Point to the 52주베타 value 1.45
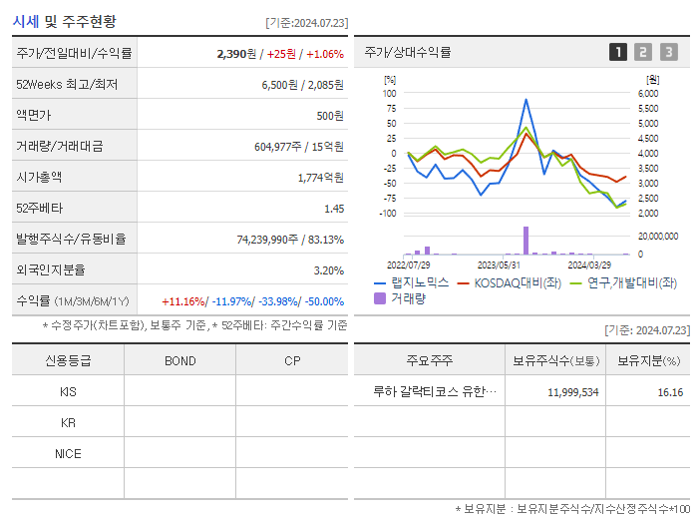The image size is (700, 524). (334, 209)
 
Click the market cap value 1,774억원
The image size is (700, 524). (321, 178)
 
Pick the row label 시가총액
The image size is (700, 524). (39, 178)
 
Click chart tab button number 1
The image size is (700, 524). (618, 53)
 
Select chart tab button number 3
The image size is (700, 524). (668, 53)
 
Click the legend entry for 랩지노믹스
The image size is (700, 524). (418, 283)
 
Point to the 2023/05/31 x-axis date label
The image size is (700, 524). (500, 264)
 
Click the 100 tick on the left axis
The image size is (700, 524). (390, 94)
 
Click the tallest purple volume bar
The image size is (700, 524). (525, 241)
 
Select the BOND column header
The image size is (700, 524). (179, 360)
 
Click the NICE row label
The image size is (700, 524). (68, 453)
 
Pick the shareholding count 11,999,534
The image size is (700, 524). (572, 392)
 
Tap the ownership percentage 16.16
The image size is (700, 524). (670, 392)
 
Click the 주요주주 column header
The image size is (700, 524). (428, 360)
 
